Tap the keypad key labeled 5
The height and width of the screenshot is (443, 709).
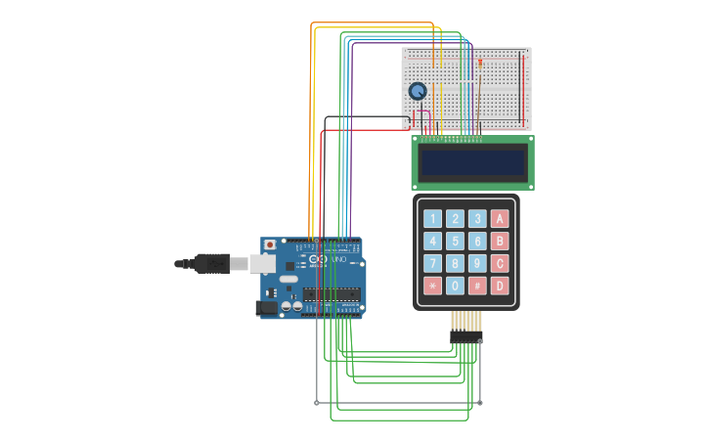(455, 241)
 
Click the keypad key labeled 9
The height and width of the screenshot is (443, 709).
(477, 263)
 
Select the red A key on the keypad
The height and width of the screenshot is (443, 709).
(500, 218)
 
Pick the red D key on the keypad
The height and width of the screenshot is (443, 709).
(500, 286)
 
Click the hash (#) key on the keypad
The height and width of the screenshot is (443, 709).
(477, 286)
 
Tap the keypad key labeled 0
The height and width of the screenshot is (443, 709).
(455, 286)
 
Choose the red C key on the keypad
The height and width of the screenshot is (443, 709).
(500, 263)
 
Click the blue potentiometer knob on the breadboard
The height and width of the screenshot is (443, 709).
(418, 91)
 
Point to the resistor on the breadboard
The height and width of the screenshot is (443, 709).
(480, 64)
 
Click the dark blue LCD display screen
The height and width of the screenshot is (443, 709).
(472, 162)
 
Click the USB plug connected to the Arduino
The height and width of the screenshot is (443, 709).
(211, 263)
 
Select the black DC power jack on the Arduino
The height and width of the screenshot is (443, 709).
(265, 307)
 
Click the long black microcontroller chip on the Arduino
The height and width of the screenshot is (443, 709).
(331, 293)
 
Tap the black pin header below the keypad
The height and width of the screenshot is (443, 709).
(466, 336)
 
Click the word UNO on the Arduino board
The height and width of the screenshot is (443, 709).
(340, 259)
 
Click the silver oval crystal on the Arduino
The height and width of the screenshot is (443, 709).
(288, 279)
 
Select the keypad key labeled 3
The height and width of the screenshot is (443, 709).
(477, 218)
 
